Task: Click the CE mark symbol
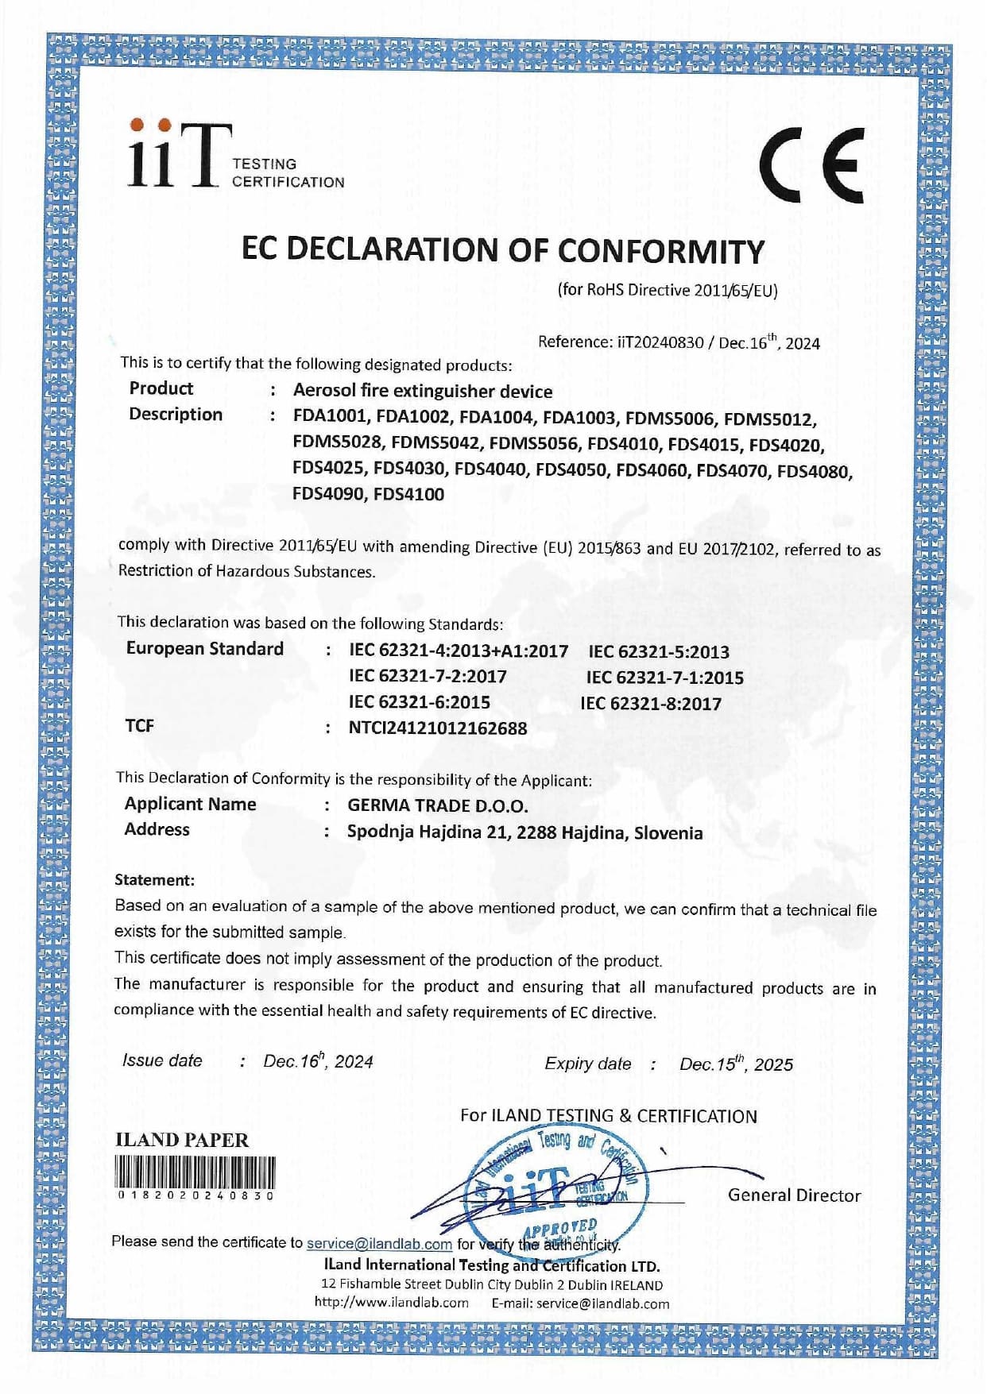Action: (x=811, y=165)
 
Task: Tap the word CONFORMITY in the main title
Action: (x=660, y=251)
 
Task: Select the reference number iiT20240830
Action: (x=660, y=342)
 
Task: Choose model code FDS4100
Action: (x=408, y=494)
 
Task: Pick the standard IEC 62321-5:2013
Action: (x=658, y=652)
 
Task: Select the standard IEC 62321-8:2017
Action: (x=651, y=704)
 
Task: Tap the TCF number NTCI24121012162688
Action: (x=437, y=728)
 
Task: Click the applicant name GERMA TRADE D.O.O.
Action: (x=437, y=805)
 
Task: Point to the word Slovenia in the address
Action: (x=668, y=833)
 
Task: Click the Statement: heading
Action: (x=154, y=880)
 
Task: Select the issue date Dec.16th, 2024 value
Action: (x=318, y=1061)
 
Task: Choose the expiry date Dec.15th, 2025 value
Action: (x=736, y=1064)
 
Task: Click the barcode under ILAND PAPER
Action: (x=195, y=1172)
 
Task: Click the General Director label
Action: (x=794, y=1195)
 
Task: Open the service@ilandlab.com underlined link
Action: (x=379, y=1244)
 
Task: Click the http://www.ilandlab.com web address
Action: (x=391, y=1303)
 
